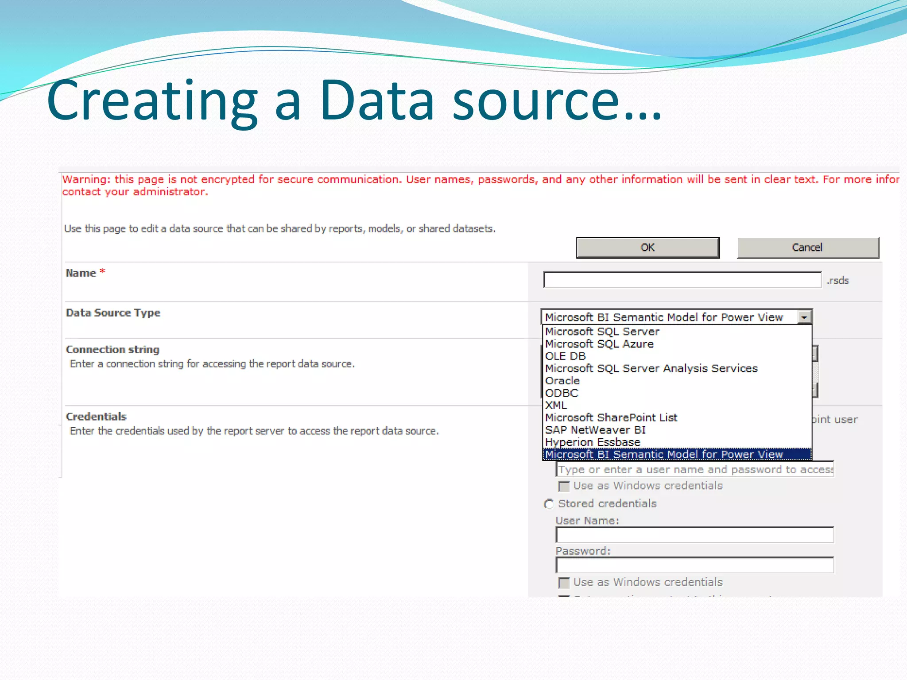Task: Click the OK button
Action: [647, 247]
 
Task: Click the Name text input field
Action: [682, 280]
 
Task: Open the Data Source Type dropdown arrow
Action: [804, 317]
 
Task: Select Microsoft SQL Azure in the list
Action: [599, 344]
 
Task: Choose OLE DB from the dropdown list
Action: [566, 356]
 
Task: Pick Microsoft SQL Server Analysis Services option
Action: [651, 368]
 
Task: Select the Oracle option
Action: [562, 381]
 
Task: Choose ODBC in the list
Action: [562, 393]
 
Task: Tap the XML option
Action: [556, 405]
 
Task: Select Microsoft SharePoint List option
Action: [611, 417]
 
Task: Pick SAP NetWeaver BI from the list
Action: [595, 430]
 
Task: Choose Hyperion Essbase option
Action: [593, 442]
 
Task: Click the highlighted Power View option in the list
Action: [664, 454]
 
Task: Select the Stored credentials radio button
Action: [549, 504]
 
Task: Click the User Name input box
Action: [694, 535]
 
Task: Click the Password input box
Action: [694, 565]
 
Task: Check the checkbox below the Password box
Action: [564, 583]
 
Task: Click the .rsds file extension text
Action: [837, 281]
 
